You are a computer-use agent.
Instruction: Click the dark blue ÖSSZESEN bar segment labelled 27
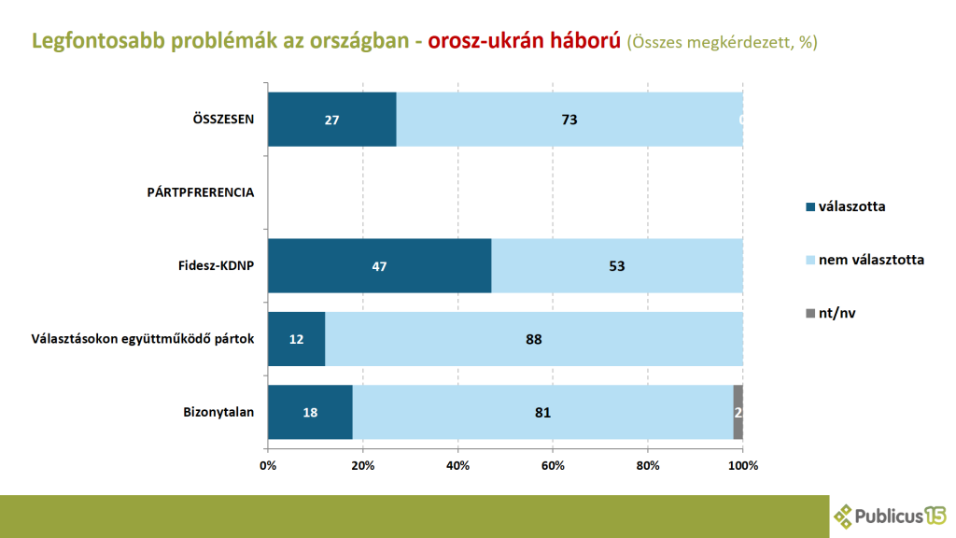coord(331,120)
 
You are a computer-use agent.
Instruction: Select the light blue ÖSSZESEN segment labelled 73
coord(569,120)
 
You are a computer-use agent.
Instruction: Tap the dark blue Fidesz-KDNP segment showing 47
coord(379,266)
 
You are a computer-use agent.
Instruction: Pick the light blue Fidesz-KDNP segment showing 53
coord(617,266)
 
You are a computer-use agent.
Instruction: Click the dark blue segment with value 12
coord(296,339)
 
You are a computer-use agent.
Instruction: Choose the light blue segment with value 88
coord(534,339)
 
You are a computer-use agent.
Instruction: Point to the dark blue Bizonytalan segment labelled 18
coord(310,412)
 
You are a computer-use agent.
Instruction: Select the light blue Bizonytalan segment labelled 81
coord(542,412)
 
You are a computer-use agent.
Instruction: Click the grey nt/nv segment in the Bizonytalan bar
coord(738,412)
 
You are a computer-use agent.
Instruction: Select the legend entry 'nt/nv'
coord(836,313)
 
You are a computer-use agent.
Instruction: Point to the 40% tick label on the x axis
coord(457,464)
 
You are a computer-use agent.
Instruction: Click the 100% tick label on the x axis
coord(743,464)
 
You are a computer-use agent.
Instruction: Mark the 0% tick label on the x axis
coord(268,464)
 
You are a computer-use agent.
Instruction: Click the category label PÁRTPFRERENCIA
coord(201,192)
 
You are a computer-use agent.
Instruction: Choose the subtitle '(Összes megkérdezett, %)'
coord(722,43)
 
